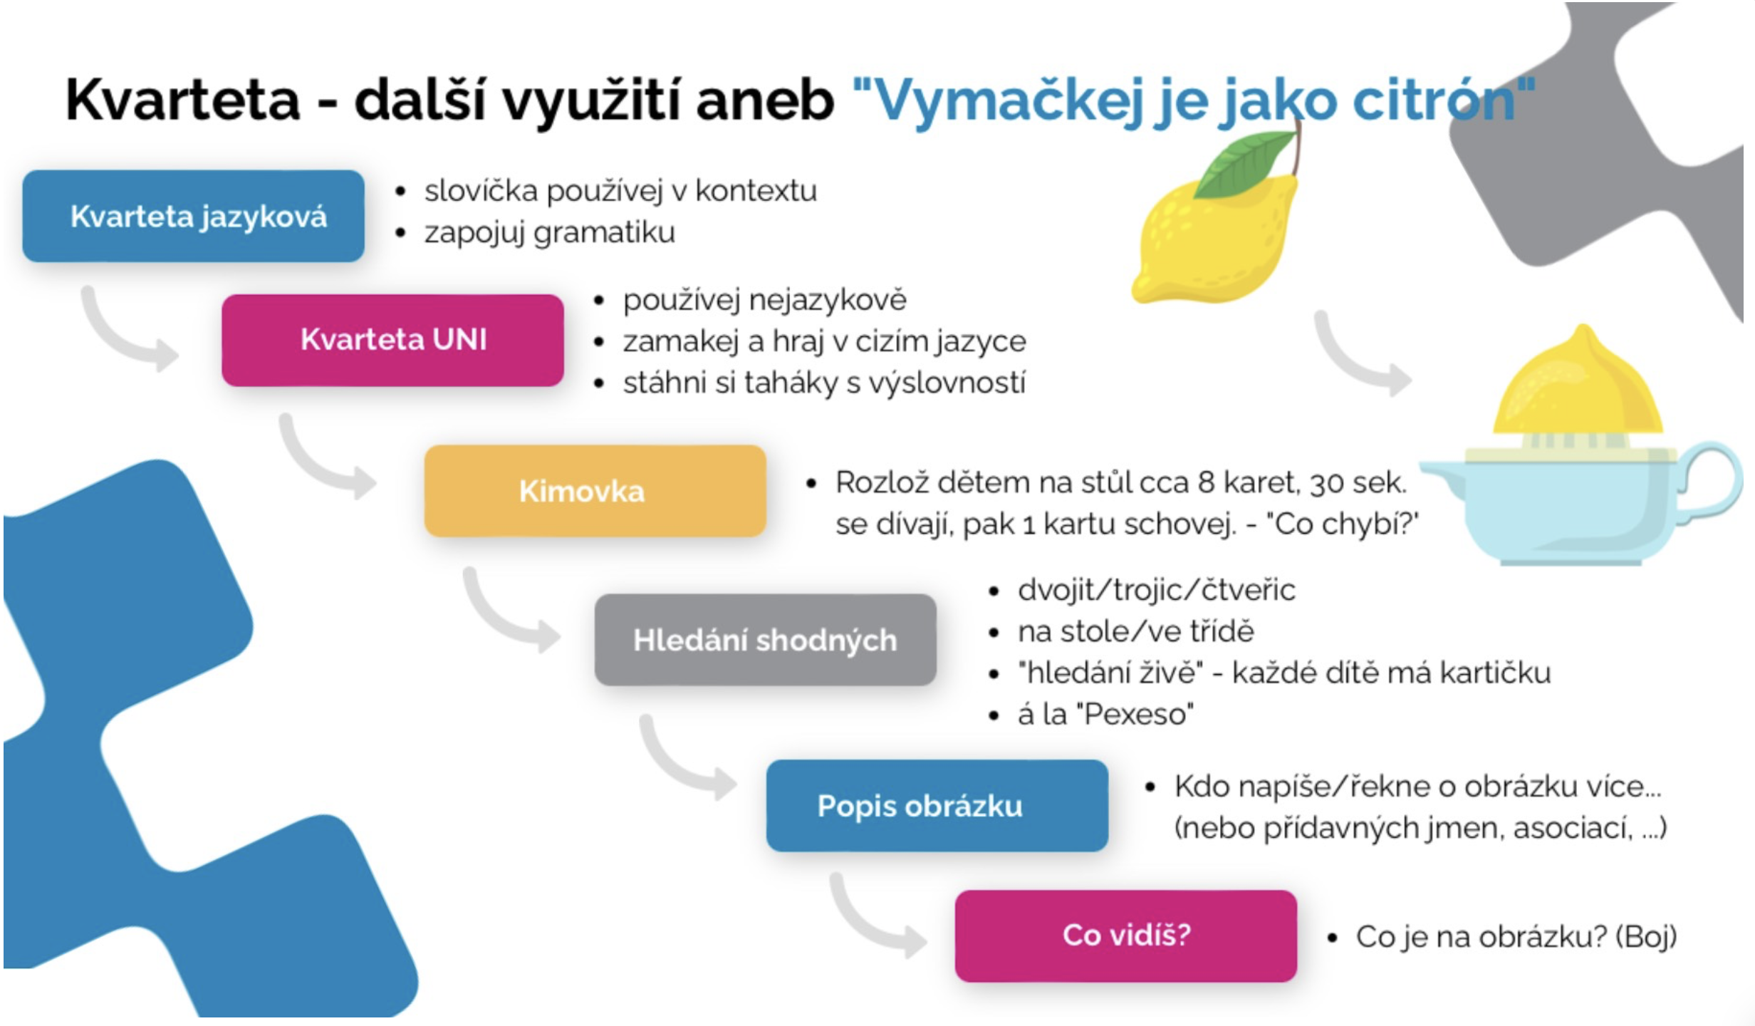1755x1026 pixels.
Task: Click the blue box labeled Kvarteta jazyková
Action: [193, 216]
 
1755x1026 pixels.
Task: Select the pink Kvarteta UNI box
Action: [392, 340]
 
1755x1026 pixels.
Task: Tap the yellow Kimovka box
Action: [595, 491]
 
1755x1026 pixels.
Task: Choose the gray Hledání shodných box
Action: [765, 640]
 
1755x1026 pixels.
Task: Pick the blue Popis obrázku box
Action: [937, 805]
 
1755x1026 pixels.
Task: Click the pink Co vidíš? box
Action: [1125, 936]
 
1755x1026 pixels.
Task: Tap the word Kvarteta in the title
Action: [183, 100]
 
